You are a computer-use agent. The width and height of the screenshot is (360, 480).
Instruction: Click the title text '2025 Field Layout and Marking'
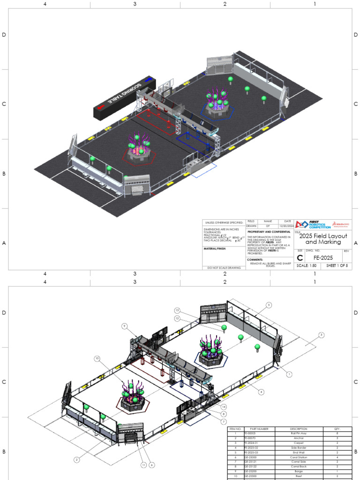pyautogui.click(x=323, y=239)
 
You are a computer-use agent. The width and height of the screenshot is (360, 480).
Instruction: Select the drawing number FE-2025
pyautogui.click(x=323, y=257)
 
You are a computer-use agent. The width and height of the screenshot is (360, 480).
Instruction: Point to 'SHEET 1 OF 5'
pyautogui.click(x=337, y=266)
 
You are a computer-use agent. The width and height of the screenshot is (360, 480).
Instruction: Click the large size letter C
pyautogui.click(x=300, y=257)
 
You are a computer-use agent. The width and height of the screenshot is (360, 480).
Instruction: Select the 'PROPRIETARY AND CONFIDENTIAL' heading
pyautogui.click(x=269, y=232)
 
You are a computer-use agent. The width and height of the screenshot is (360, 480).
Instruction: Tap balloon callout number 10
pyautogui.click(x=97, y=359)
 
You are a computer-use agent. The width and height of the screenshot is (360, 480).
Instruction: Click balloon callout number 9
pyautogui.click(x=125, y=326)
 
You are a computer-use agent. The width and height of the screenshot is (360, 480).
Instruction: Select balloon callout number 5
pyautogui.click(x=269, y=305)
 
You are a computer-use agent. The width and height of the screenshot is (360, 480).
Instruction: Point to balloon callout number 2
pyautogui.click(x=77, y=460)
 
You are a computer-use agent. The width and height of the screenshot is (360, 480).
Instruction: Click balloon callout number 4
pyautogui.click(x=261, y=392)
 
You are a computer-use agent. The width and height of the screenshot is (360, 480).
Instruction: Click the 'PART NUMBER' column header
pyautogui.click(x=259, y=429)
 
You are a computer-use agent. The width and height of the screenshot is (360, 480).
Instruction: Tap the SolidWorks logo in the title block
pyautogui.click(x=341, y=225)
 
